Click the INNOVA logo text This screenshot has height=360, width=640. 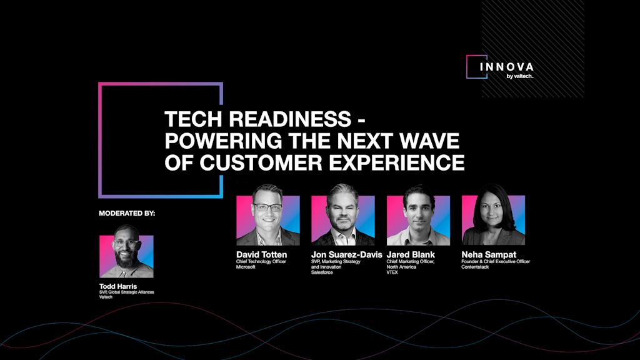pyautogui.click(x=507, y=66)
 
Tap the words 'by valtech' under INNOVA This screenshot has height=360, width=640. pyautogui.click(x=519, y=76)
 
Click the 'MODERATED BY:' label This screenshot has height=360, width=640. pyautogui.click(x=127, y=213)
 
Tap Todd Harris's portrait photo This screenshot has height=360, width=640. pyautogui.click(x=126, y=256)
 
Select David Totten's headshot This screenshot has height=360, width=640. pyautogui.click(x=267, y=220)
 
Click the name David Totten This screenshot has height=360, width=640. pyautogui.click(x=261, y=254)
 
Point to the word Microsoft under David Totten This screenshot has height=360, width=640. pyautogui.click(x=246, y=267)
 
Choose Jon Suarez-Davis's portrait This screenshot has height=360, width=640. pyautogui.click(x=342, y=220)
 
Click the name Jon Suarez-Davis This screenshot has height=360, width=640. pyautogui.click(x=346, y=254)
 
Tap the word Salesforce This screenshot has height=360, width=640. pyautogui.click(x=322, y=272)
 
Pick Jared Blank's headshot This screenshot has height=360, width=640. pyautogui.click(x=417, y=220)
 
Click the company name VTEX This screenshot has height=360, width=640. pyautogui.click(x=393, y=272)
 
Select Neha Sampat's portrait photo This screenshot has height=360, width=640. pyautogui.click(x=493, y=220)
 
